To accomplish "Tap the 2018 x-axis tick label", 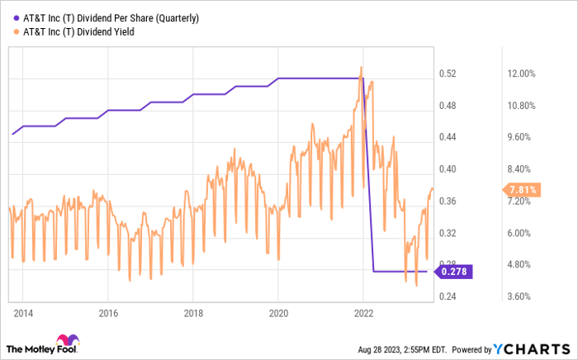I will [192, 313].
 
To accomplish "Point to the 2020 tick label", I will [278, 313].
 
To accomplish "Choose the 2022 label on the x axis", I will [363, 313].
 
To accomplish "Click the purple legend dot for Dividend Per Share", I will [15, 17].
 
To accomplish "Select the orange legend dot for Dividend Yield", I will [15, 31].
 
